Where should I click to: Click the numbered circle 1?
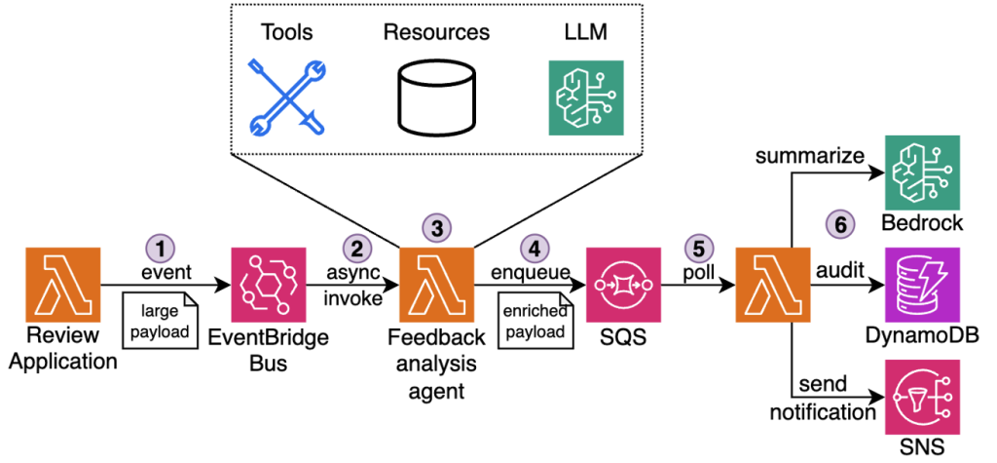pyautogui.click(x=157, y=248)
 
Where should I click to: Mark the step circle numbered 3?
pyautogui.click(x=436, y=228)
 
